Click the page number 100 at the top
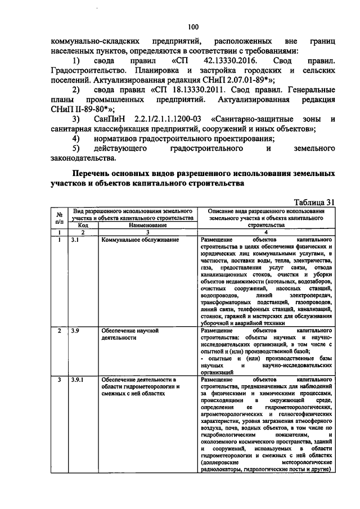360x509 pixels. [x=193, y=26]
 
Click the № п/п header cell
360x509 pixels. [x=59, y=218]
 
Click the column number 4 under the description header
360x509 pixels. [x=267, y=232]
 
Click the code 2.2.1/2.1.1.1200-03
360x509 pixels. [x=164, y=119]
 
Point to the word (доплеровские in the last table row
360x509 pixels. [x=219, y=462]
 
